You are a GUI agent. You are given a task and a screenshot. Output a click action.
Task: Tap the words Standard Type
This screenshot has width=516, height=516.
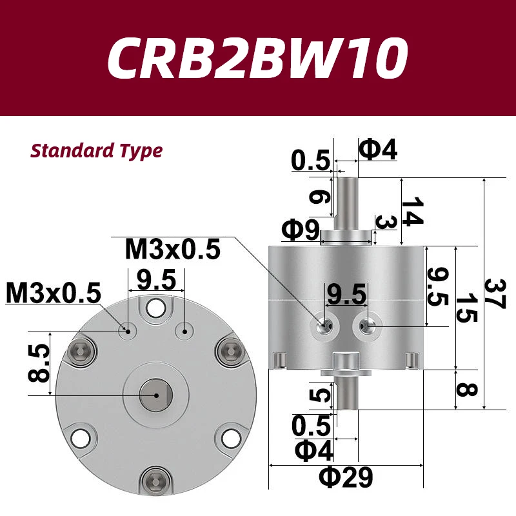97,152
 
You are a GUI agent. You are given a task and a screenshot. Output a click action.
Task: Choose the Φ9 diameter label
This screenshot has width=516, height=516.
301,229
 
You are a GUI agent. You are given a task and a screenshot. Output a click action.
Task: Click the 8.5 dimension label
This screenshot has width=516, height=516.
39,363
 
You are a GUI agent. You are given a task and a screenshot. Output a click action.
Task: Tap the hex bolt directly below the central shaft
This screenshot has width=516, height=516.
155,480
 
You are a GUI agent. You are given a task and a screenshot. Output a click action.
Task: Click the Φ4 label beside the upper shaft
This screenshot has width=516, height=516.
377,150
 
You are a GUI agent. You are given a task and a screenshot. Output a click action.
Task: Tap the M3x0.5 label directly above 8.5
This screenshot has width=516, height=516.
54,294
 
